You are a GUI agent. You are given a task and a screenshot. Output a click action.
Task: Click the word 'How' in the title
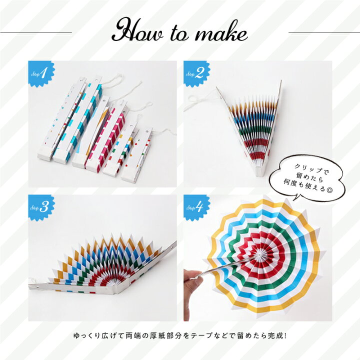click(138, 31)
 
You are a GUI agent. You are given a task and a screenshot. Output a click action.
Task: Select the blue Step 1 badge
click(41, 74)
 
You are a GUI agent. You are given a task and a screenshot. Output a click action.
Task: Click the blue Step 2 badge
click(196, 74)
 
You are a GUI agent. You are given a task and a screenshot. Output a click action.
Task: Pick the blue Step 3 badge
click(41, 208)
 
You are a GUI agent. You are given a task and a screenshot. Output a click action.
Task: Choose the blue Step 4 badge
click(196, 208)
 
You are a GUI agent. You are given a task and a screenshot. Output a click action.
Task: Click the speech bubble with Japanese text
click(307, 178)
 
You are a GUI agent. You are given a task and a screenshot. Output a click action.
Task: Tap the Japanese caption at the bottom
click(180, 335)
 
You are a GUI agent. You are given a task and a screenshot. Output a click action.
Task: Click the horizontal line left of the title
click(36, 32)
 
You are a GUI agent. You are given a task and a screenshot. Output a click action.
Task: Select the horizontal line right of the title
click(324, 32)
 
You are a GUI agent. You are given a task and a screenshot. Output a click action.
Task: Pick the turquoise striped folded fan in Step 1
click(78, 120)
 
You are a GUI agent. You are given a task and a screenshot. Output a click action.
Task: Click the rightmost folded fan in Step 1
click(136, 156)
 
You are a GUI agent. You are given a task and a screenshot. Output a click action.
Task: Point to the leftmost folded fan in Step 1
click(61, 119)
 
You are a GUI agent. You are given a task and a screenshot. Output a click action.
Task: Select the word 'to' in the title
click(180, 34)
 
